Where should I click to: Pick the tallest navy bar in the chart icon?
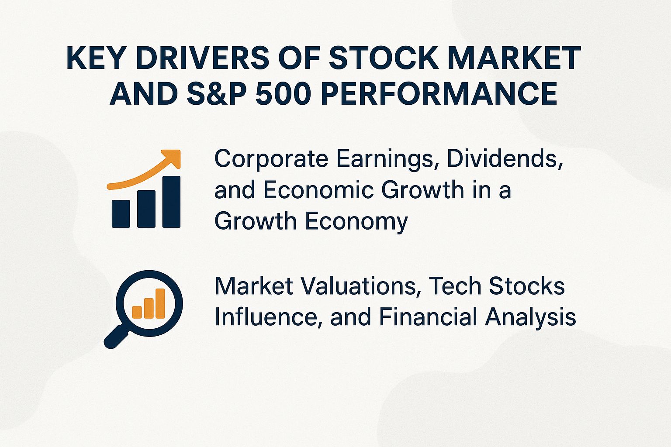pyautogui.click(x=171, y=202)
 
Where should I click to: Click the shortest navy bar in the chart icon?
pyautogui.click(x=121, y=213)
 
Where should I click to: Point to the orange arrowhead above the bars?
pyautogui.click(x=172, y=158)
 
